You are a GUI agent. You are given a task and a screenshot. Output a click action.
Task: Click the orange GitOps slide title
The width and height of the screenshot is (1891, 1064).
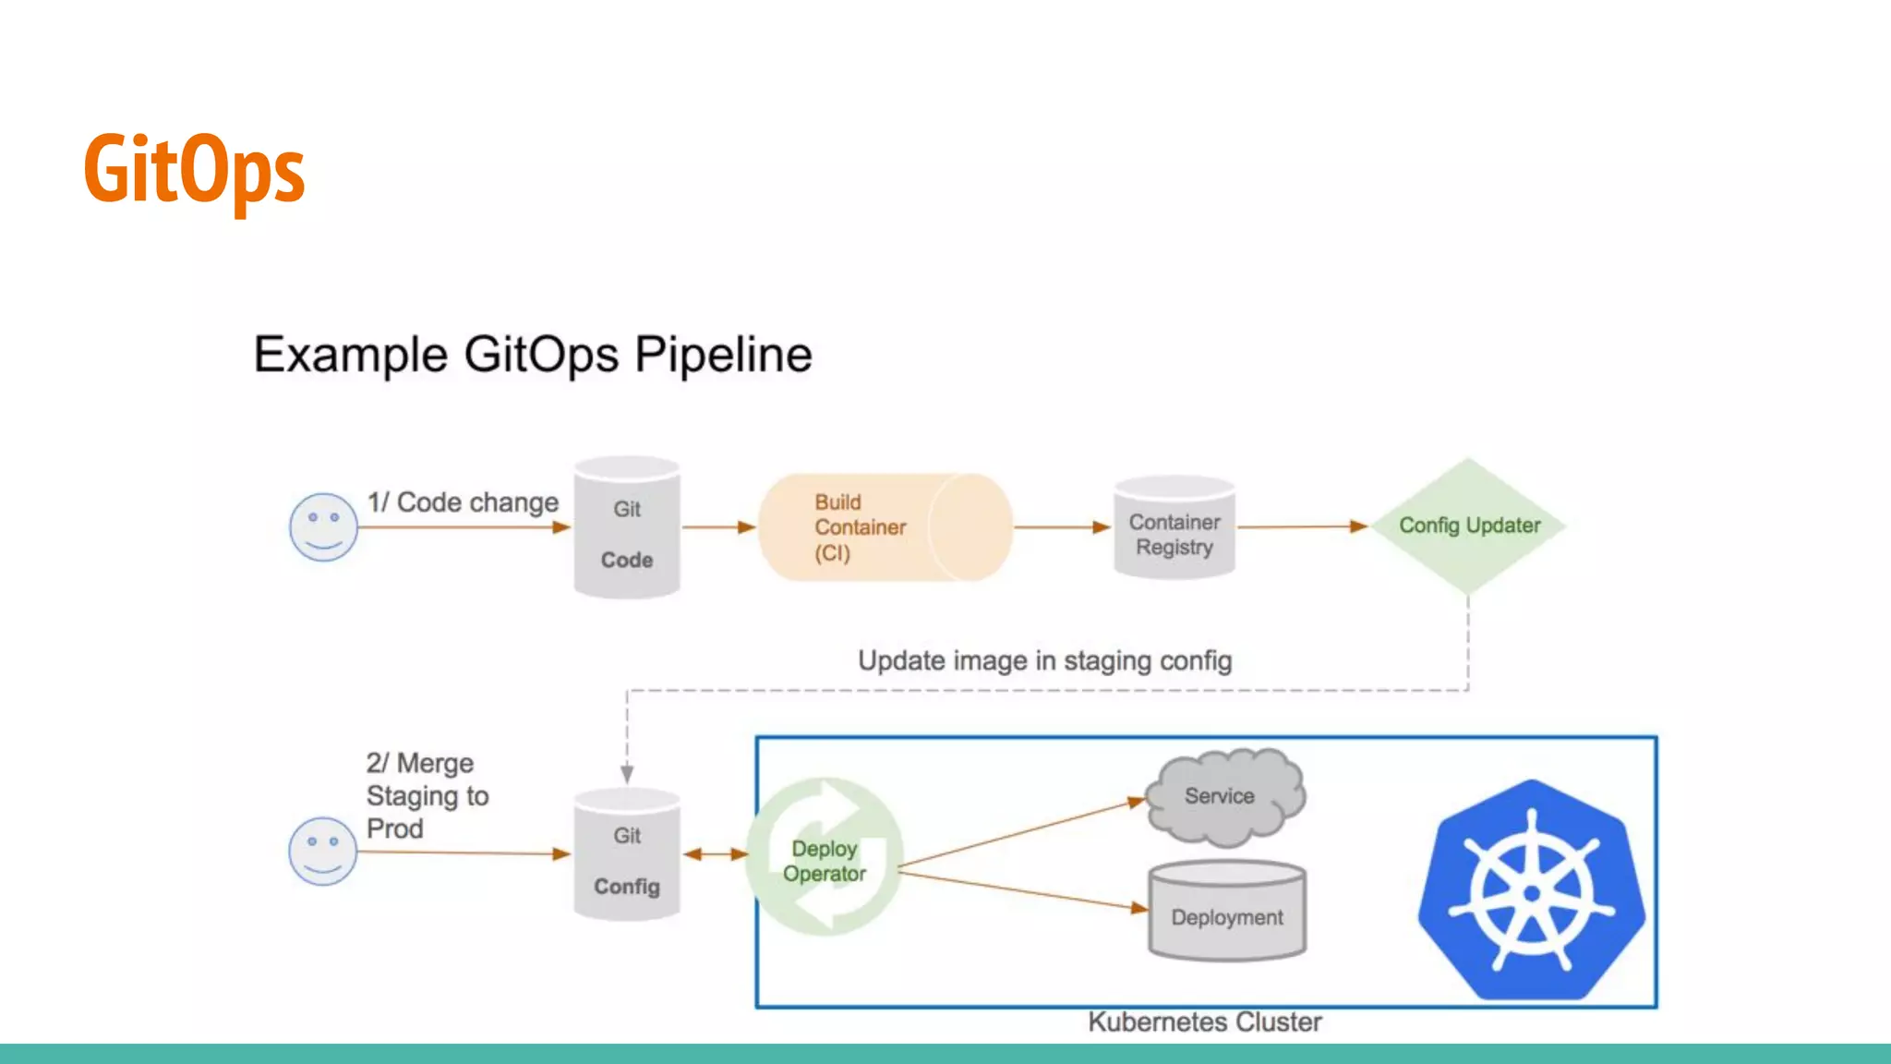[194, 169]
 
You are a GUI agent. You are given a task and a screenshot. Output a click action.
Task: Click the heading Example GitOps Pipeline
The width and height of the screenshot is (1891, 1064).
[533, 355]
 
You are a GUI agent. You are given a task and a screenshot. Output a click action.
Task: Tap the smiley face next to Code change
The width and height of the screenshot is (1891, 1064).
[323, 526]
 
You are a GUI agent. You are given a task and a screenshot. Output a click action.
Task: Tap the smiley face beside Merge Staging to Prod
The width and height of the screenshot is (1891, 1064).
[322, 851]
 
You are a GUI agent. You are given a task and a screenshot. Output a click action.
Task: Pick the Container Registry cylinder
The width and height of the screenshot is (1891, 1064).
[1174, 528]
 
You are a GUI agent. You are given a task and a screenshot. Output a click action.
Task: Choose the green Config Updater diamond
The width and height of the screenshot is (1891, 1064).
[1468, 526]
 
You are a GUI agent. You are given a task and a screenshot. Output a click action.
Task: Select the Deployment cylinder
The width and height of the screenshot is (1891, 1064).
[1226, 913]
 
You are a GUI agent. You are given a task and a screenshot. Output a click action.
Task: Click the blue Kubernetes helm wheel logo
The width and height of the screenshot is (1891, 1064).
[1532, 890]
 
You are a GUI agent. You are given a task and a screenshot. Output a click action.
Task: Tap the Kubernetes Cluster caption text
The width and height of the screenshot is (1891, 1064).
[1204, 1022]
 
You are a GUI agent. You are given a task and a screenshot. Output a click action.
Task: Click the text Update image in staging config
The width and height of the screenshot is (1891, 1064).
[1044, 661]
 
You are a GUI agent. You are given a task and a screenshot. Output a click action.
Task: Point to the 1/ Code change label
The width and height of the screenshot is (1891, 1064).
[463, 502]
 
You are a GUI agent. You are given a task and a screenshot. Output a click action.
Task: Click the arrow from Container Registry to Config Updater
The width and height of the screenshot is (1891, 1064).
[1302, 526]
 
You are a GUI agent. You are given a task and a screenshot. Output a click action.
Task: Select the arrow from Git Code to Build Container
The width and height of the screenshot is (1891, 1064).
[718, 527]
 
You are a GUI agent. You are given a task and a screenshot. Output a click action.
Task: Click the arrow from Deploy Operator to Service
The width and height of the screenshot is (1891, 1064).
[1020, 833]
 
